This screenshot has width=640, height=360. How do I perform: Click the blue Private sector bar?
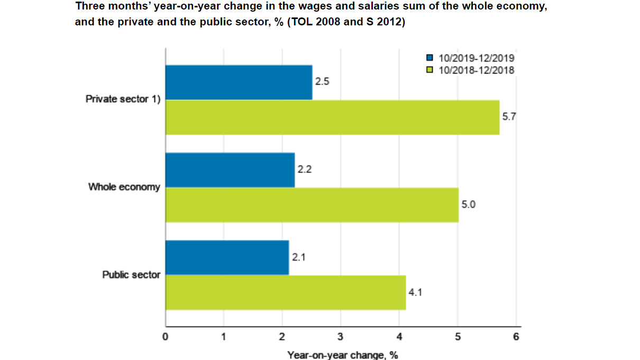[239, 82]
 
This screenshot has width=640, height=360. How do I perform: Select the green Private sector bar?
[332, 117]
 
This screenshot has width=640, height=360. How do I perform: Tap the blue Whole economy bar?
[230, 170]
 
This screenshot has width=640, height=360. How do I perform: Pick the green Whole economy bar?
[312, 205]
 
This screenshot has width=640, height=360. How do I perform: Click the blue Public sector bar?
[227, 257]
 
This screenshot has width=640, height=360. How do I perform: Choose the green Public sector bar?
[286, 292]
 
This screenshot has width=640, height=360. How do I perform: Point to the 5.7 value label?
[509, 117]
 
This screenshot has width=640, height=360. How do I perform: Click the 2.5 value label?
[322, 82]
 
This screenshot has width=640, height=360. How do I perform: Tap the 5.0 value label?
[469, 205]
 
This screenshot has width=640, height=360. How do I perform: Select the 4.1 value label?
[416, 292]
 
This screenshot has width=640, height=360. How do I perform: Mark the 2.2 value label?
[305, 170]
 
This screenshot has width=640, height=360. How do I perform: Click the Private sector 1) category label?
[123, 99]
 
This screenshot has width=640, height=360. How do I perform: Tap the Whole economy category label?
[124, 187]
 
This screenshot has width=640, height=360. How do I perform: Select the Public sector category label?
[131, 275]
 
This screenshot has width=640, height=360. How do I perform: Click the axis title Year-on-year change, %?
[342, 355]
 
